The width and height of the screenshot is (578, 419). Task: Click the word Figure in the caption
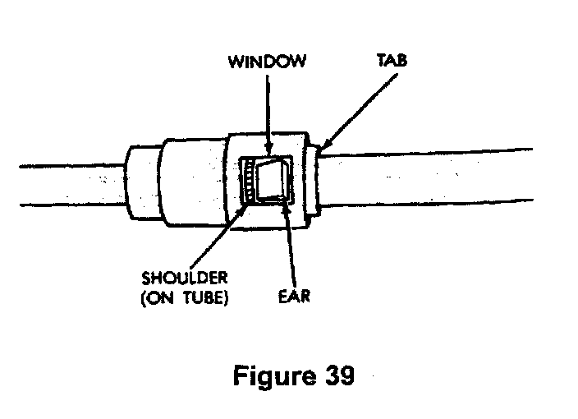click(272, 377)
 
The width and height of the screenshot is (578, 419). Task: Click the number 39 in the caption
click(336, 377)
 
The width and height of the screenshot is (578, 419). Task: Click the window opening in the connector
click(266, 182)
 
